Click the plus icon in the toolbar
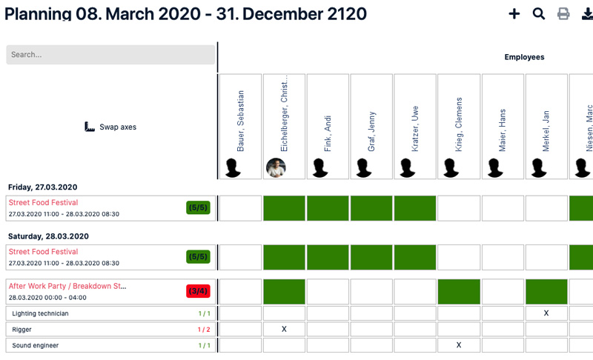(x=514, y=13)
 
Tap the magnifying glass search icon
(x=539, y=13)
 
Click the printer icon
(x=563, y=13)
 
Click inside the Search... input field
(x=110, y=55)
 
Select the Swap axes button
(x=110, y=127)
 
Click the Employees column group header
(x=524, y=57)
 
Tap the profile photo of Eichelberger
(x=276, y=168)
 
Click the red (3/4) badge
(x=198, y=291)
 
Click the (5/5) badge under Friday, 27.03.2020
(x=198, y=208)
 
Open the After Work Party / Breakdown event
(x=67, y=286)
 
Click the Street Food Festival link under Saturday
(x=43, y=252)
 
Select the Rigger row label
(x=22, y=330)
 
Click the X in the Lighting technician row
(x=546, y=313)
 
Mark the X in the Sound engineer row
(x=459, y=345)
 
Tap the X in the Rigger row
(x=284, y=330)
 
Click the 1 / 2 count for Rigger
(x=204, y=330)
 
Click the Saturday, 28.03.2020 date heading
(x=48, y=236)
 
